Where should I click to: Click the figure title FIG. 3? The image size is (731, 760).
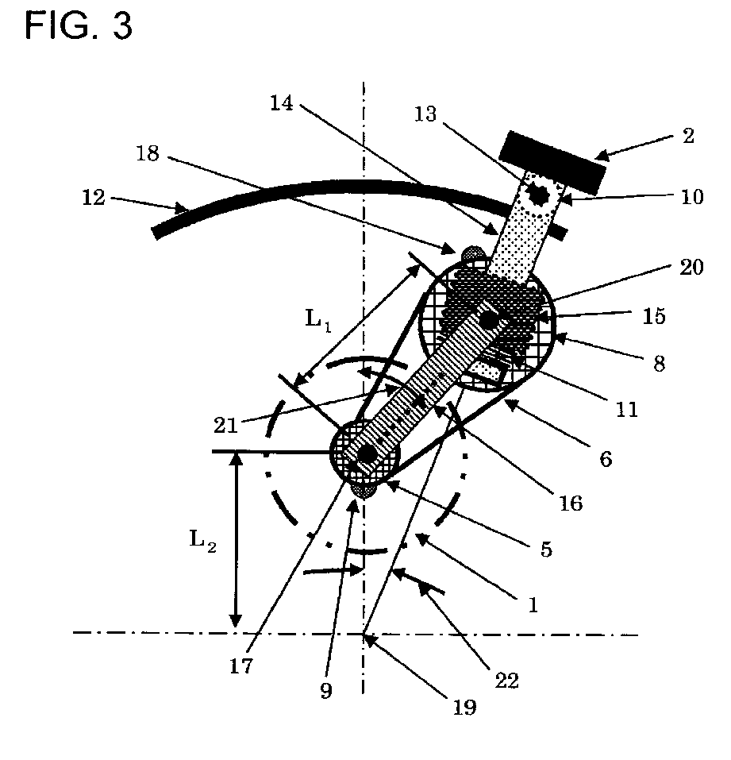[x=78, y=25]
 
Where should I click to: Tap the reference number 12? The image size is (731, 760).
[x=93, y=197]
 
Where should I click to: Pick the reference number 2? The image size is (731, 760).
[x=688, y=136]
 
